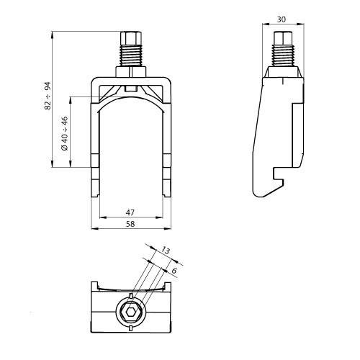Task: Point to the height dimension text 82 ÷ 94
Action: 48,95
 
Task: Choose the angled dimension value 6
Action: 173,270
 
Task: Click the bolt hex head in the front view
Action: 132,37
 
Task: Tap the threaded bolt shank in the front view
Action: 132,56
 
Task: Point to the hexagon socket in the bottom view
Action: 132,311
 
